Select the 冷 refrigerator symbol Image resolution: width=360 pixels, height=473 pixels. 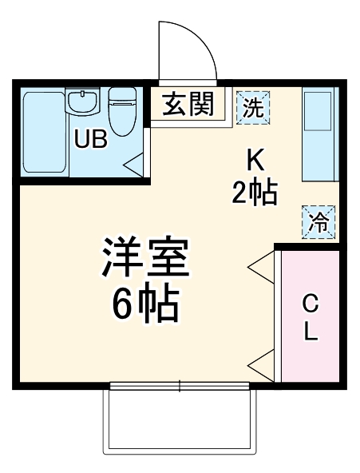point(318,222)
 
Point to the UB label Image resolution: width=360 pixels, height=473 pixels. point(90,139)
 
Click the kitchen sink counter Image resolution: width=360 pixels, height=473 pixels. point(320,135)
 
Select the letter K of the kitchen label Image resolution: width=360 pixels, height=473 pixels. point(254,159)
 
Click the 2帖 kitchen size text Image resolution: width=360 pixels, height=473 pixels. point(254,192)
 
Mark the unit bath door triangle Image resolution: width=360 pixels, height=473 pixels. point(133,165)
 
